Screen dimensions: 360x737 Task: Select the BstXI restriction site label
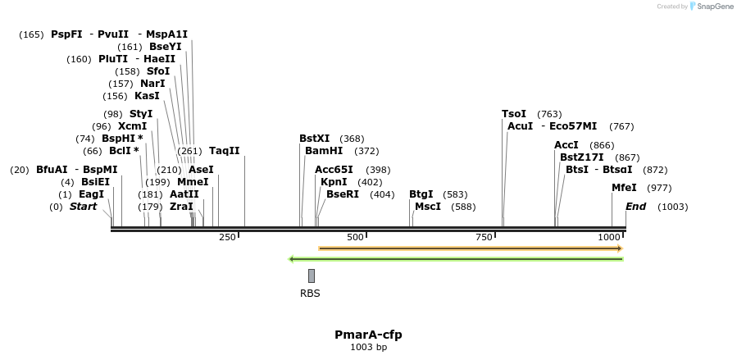[x=315, y=139]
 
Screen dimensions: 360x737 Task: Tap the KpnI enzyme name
[x=334, y=181]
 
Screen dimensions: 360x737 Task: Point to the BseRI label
[x=343, y=194]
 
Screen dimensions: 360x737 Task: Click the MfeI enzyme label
[x=624, y=188]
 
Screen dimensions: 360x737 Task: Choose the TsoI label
[x=514, y=114]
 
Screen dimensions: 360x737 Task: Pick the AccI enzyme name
[x=566, y=145]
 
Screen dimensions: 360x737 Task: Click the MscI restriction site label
[x=428, y=207]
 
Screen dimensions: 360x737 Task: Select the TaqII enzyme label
[x=225, y=151]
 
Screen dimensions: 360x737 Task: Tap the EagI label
[x=92, y=194]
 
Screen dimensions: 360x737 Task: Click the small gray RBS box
[x=312, y=276]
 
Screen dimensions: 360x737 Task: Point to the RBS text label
[x=310, y=293]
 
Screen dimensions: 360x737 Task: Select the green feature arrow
[x=456, y=259]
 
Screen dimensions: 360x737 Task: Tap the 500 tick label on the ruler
[x=355, y=237]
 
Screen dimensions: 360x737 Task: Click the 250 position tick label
[x=227, y=237]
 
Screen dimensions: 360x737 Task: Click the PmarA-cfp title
[x=368, y=335]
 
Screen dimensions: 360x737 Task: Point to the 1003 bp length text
[x=368, y=348]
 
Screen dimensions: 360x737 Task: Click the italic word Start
[x=83, y=207]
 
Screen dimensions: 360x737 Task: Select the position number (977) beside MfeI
[x=659, y=188]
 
